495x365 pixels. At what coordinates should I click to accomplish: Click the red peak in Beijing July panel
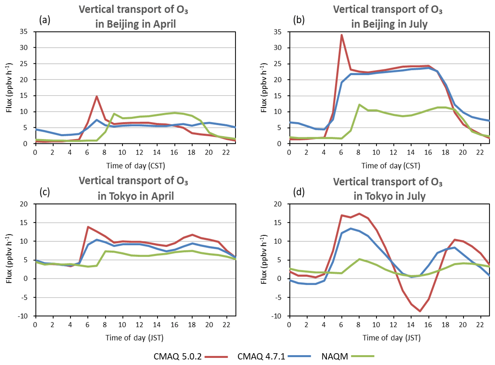pos(341,35)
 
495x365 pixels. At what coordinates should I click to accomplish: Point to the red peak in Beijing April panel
pos(96,96)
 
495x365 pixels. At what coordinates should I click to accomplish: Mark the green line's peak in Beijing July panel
pos(359,104)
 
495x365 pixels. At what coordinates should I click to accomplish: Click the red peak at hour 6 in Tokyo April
pos(88,227)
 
